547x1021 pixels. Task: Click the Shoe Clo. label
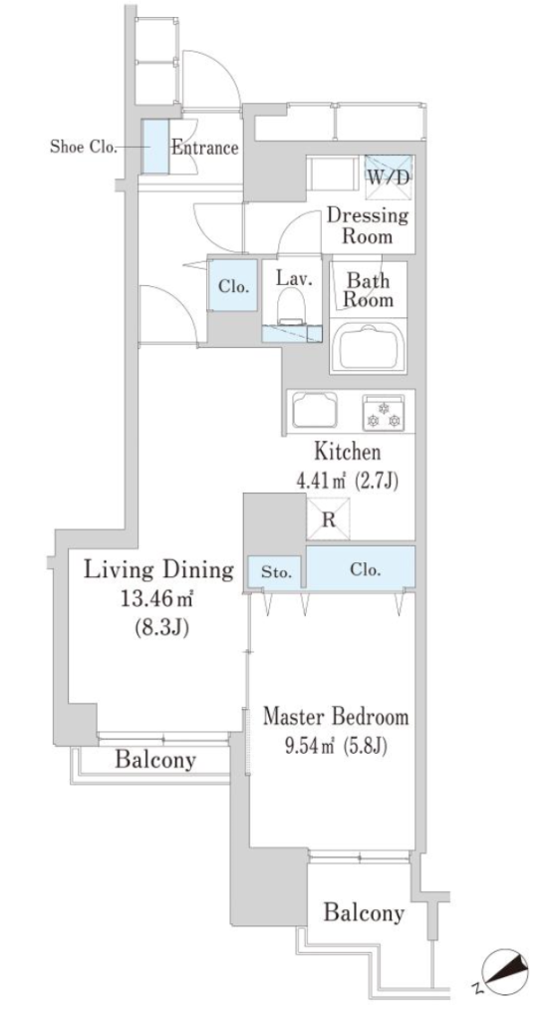(83, 147)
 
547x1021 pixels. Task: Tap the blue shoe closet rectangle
(154, 148)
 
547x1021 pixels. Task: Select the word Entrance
(204, 148)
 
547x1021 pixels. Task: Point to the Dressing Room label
(368, 224)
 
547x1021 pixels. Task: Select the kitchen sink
(315, 410)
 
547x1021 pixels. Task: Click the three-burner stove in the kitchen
(384, 412)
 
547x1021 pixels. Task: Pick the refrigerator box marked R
(329, 518)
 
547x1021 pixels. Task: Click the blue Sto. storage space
(274, 573)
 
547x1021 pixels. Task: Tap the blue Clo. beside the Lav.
(233, 285)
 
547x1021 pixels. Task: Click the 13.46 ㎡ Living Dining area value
(153, 599)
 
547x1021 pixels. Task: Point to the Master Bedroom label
(336, 717)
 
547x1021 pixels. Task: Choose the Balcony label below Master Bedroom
(364, 913)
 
